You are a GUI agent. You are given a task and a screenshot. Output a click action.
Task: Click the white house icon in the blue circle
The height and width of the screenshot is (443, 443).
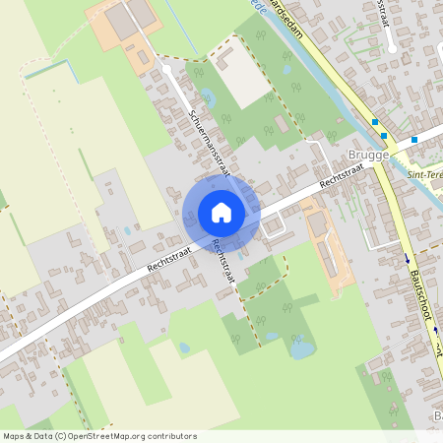point(221,212)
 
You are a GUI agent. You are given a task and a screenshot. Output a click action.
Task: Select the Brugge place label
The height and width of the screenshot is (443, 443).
point(369,156)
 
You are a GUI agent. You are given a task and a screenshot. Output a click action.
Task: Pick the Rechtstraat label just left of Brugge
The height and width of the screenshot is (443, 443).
point(342,175)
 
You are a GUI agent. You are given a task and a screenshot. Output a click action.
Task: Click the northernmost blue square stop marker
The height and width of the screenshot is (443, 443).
point(374,122)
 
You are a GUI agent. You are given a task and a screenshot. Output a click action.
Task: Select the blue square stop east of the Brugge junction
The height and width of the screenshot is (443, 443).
point(414,140)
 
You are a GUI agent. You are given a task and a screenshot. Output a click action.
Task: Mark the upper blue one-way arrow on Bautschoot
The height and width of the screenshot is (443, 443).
point(406,259)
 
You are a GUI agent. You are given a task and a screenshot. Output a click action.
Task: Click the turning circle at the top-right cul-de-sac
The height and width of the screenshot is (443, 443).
point(393,45)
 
